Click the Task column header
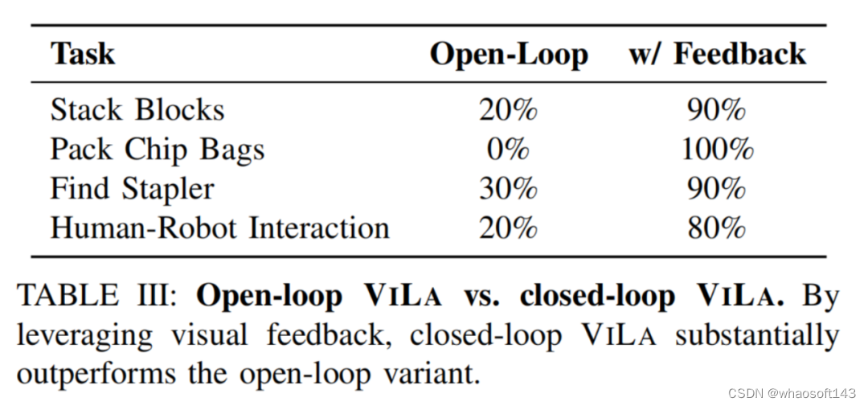[x=83, y=54]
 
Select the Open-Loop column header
[x=508, y=54]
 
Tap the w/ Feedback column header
[x=716, y=54]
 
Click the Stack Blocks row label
[x=137, y=110]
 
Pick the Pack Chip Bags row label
[x=158, y=150]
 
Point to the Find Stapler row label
[x=133, y=189]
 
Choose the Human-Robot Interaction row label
[x=219, y=228]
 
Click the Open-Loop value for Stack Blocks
[x=508, y=110]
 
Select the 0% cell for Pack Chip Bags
[x=508, y=150]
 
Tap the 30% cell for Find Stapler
[x=508, y=189]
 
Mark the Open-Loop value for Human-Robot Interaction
[x=508, y=228]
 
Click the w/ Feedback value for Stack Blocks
[x=716, y=110]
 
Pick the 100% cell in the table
[x=716, y=150]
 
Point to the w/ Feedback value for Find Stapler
[x=716, y=189]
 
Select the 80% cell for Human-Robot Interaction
[x=716, y=228]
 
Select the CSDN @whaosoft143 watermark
[x=792, y=392]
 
